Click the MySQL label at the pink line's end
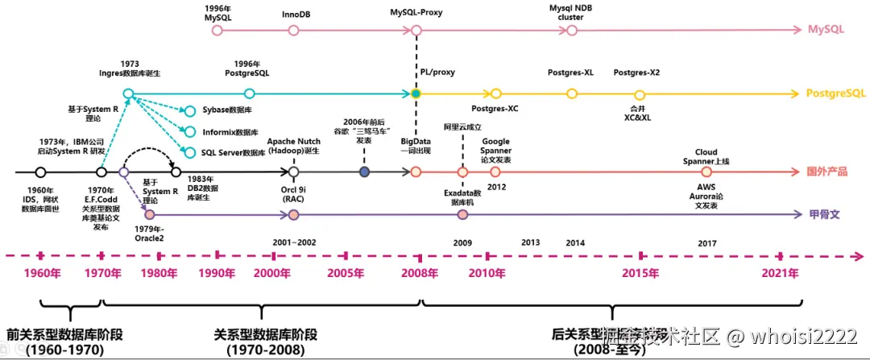click(826, 30)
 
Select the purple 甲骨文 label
click(825, 215)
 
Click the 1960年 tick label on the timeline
click(42, 273)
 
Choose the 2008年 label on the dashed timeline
click(420, 273)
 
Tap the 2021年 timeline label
click(781, 273)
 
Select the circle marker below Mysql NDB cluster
click(571, 31)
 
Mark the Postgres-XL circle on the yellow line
click(571, 94)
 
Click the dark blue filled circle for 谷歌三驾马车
click(365, 172)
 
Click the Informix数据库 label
click(228, 131)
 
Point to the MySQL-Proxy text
click(416, 14)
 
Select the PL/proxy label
click(437, 72)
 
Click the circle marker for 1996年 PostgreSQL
click(249, 94)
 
